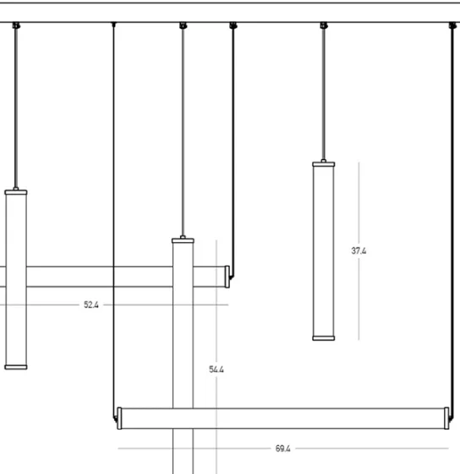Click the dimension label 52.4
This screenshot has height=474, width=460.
coord(91,305)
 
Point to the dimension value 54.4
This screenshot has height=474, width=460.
coord(216,369)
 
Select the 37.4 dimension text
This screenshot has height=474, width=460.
coord(359,251)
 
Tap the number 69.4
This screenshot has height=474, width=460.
coord(282,449)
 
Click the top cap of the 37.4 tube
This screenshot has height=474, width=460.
coord(324,164)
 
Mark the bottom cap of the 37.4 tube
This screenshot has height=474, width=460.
coord(324,339)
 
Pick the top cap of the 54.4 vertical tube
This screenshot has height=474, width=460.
coord(183,240)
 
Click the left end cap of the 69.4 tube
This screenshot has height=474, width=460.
coord(119,418)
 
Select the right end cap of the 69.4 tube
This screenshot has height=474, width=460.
coord(446,418)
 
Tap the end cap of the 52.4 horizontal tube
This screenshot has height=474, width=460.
coord(227,277)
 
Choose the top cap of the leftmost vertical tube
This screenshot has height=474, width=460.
coord(16,192)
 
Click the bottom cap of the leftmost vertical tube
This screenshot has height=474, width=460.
coord(16,367)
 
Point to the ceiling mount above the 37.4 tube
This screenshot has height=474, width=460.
coord(324,25)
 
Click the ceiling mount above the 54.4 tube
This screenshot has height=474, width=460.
coord(183,25)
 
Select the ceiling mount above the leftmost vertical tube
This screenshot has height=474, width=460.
coord(16,25)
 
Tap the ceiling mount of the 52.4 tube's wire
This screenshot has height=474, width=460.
coord(233,25)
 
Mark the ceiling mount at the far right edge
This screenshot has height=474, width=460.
coord(452,25)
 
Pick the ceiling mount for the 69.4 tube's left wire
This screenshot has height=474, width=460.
coord(113,25)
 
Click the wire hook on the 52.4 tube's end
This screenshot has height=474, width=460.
coord(232,276)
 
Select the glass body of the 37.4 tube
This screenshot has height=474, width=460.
coord(324,251)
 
